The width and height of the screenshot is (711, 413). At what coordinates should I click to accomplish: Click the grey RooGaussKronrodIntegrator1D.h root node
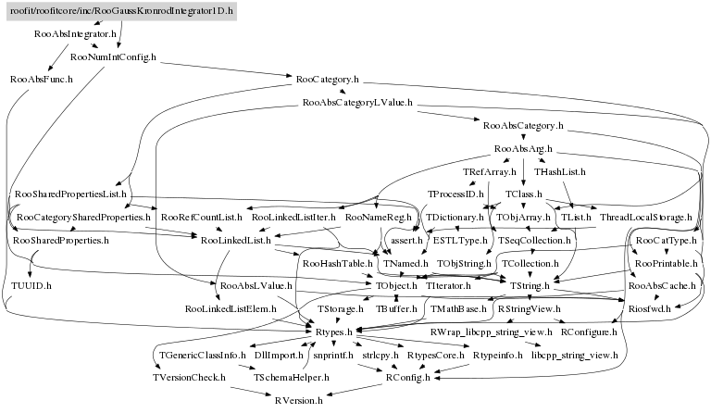[x=122, y=10]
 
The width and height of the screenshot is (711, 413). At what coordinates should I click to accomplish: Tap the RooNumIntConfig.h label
[x=114, y=57]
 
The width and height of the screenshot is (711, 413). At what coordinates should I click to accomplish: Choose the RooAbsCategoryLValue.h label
[x=357, y=102]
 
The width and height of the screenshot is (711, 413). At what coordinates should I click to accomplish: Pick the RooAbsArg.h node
[x=523, y=148]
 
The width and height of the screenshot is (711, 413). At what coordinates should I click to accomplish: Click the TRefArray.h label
[x=488, y=171]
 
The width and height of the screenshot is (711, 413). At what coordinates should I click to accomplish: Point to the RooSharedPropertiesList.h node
[x=70, y=194]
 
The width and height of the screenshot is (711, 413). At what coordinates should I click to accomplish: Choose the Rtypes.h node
[x=336, y=331]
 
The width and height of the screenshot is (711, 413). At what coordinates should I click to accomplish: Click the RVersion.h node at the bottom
[x=298, y=399]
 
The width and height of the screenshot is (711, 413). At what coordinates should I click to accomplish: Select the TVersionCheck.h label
[x=189, y=377]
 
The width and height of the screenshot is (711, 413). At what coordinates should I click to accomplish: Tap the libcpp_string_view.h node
[x=574, y=354]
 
